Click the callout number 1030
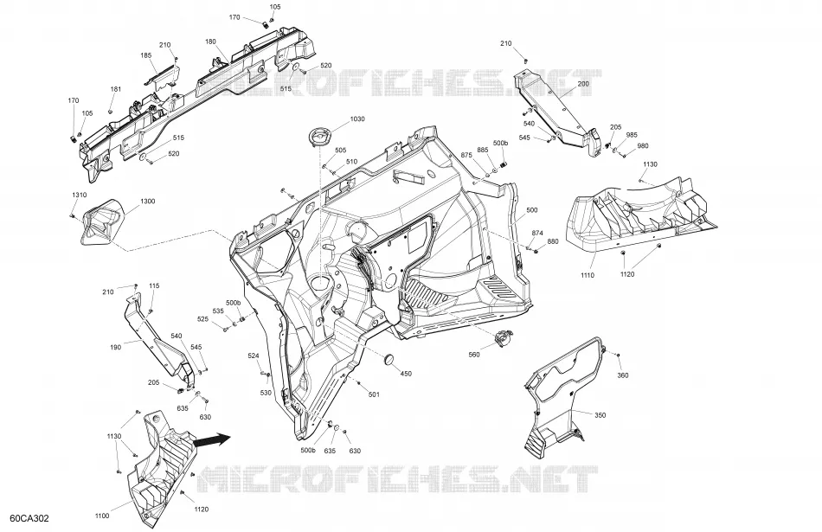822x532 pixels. (356, 119)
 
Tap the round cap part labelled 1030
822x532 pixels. (318, 137)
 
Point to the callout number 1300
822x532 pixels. (147, 202)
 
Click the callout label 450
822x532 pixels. (406, 374)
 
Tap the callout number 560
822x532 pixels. (474, 355)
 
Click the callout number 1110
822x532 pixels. (588, 275)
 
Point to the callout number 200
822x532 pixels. (583, 84)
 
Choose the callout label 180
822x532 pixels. (210, 42)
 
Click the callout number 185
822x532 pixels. (145, 55)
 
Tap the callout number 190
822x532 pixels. (115, 347)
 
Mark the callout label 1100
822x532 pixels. (102, 516)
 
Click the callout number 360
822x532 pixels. (623, 375)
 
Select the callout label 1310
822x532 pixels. (79, 195)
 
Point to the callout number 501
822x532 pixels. (374, 394)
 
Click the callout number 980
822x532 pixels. (643, 146)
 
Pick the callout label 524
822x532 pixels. (254, 356)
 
